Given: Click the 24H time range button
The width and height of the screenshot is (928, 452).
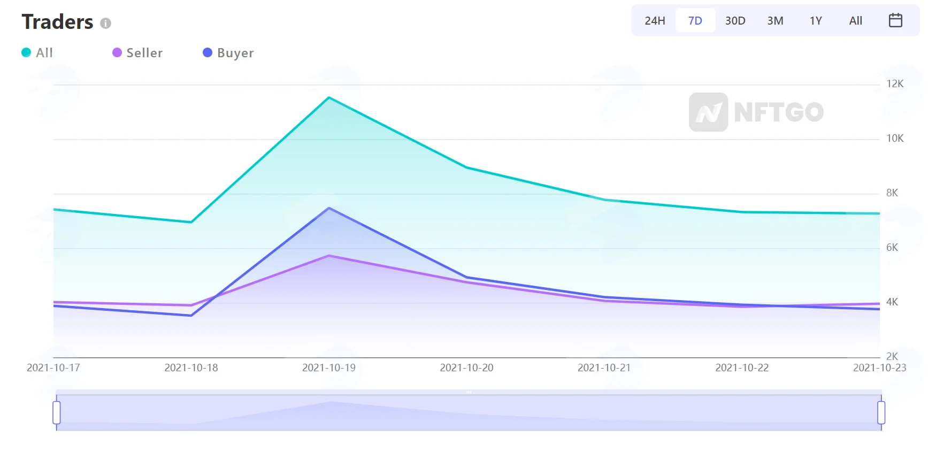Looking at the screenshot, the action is click(655, 21).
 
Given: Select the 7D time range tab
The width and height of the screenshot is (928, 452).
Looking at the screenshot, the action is click(695, 21).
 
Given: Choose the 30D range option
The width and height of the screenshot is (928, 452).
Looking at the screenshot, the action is click(735, 21).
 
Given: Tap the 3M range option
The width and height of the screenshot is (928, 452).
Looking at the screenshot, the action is click(776, 21).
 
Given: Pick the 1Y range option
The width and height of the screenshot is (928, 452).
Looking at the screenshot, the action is click(816, 21).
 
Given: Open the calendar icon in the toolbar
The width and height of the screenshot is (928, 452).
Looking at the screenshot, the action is click(895, 20).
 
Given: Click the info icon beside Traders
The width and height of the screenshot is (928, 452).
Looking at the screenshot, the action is click(106, 23).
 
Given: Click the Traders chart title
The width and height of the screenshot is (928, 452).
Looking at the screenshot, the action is click(57, 22).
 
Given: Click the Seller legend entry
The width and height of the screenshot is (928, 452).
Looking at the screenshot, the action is click(137, 52).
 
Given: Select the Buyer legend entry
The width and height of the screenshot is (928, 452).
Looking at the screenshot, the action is click(228, 52).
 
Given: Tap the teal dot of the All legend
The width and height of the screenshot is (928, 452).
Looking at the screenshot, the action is click(26, 52).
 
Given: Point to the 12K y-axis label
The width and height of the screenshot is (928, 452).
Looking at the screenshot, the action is click(895, 84).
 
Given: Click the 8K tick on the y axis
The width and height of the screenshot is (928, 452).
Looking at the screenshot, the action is click(892, 193).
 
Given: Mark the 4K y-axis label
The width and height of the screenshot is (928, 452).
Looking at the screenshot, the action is click(892, 302).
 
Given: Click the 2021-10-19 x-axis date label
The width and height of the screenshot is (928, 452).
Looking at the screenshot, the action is click(329, 368).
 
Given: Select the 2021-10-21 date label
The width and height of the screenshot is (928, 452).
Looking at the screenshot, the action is click(604, 368).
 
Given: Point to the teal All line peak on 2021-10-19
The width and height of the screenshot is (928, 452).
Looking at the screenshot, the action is click(329, 97).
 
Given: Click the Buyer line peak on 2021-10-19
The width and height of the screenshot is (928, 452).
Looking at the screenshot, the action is click(329, 208).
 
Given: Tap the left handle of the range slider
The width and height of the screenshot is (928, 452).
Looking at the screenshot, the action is click(57, 412).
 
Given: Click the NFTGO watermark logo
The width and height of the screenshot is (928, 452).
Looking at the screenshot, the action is click(756, 112).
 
